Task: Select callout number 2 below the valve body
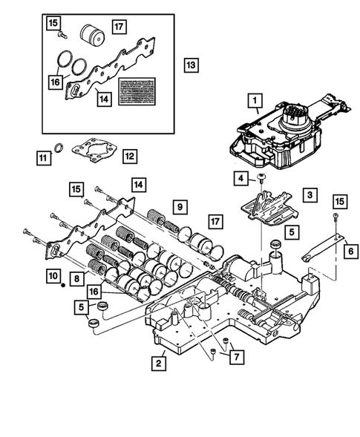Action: [157, 364]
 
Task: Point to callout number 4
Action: [241, 178]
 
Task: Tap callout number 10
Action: [51, 277]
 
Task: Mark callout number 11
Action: [45, 157]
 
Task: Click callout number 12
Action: [129, 157]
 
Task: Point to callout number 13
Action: [190, 66]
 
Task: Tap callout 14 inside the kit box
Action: [104, 97]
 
